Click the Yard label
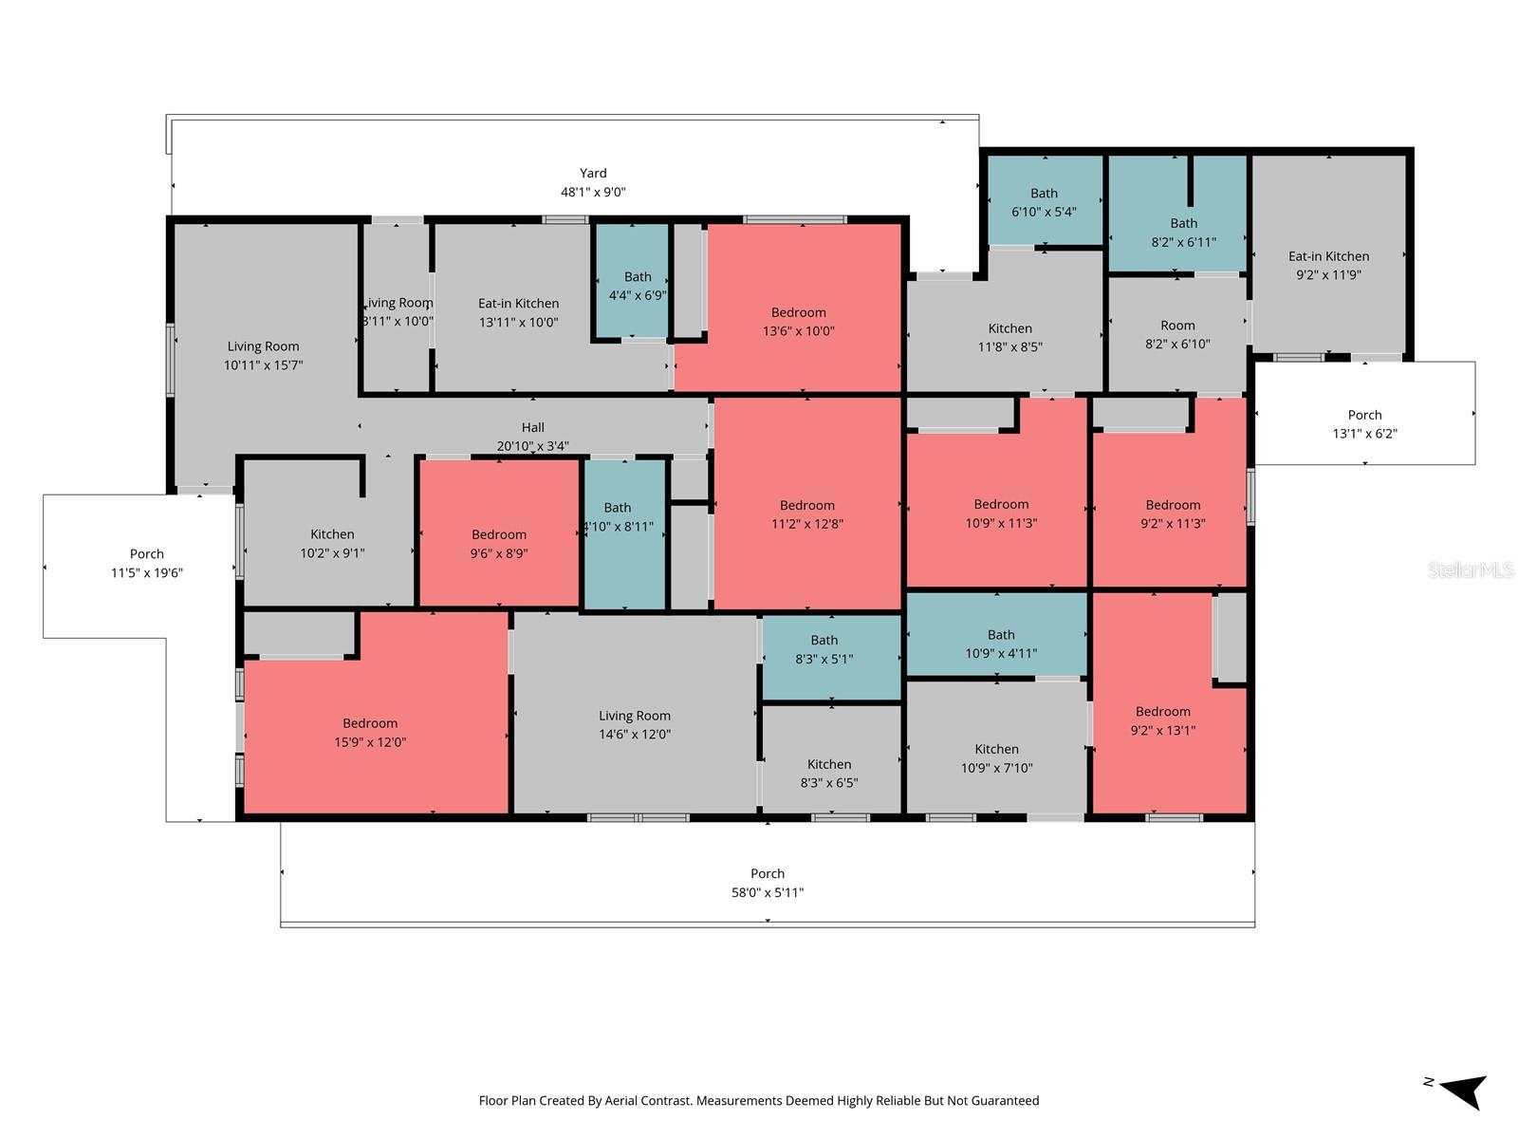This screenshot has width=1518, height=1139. pyautogui.click(x=593, y=174)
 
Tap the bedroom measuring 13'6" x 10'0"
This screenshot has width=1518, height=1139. pyautogui.click(x=798, y=322)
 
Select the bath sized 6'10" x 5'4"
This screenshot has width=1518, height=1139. pyautogui.click(x=1044, y=202)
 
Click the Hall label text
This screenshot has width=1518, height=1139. pyautogui.click(x=532, y=428)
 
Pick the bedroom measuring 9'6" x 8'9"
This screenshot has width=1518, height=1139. pyautogui.click(x=499, y=544)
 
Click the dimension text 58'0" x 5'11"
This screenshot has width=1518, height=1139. pyautogui.click(x=767, y=892)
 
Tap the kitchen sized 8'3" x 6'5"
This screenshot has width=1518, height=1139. pyautogui.click(x=829, y=774)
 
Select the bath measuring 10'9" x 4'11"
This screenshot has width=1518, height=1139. pyautogui.click(x=1000, y=644)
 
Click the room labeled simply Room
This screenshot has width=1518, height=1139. pyautogui.click(x=1177, y=334)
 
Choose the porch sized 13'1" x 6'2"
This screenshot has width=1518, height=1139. pyautogui.click(x=1364, y=423)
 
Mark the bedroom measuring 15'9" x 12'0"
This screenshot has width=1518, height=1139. pyautogui.click(x=370, y=733)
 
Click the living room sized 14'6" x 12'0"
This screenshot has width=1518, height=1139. pyautogui.click(x=634, y=725)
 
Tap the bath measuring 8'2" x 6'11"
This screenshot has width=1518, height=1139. pyautogui.click(x=1183, y=233)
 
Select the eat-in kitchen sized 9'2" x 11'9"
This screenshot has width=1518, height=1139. pyautogui.click(x=1328, y=265)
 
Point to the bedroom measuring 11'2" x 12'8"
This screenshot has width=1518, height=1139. pyautogui.click(x=806, y=514)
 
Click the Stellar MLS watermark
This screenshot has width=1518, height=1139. pyautogui.click(x=1471, y=569)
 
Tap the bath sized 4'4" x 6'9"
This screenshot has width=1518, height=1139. pyautogui.click(x=637, y=286)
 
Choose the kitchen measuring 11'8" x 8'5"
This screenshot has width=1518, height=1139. pyautogui.click(x=1009, y=337)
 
